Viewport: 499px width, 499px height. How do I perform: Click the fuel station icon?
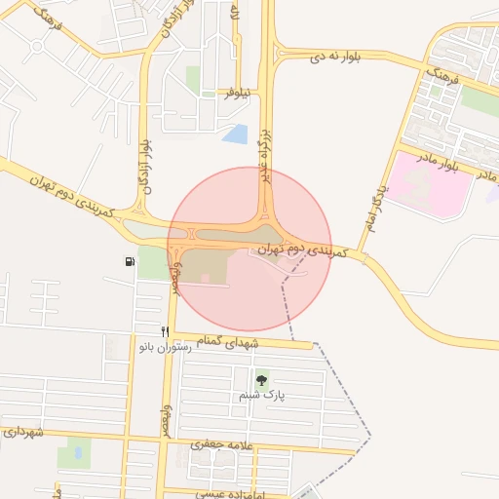point(130,261)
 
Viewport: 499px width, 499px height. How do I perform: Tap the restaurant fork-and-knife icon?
point(165,331)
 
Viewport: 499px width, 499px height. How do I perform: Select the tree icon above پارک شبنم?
point(260,381)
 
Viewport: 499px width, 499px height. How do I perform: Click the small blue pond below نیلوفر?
point(235,134)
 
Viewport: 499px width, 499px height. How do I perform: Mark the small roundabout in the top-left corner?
point(36,46)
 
